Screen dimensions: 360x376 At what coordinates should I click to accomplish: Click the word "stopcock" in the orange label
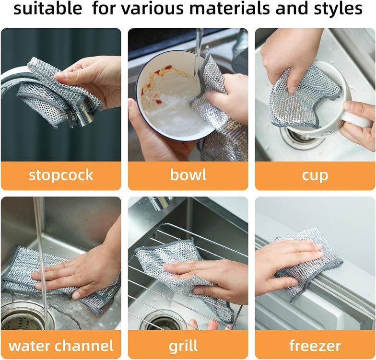click(x=61, y=175)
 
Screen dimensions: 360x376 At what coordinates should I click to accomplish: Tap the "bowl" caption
click(x=188, y=175)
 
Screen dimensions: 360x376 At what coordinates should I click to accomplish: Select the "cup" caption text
click(x=315, y=175)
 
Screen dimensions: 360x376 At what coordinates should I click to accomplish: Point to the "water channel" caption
click(x=61, y=345)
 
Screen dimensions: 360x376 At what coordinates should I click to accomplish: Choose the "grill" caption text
click(x=188, y=345)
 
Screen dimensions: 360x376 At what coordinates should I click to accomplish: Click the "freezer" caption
click(x=315, y=345)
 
